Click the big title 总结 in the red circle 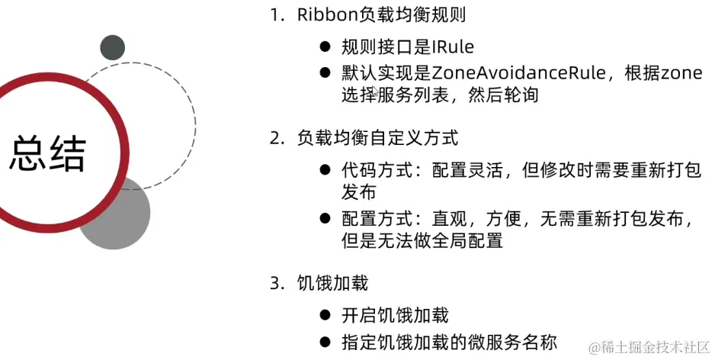point(47,154)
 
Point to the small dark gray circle point(112,47)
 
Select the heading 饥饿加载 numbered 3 point(332,284)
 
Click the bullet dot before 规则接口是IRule point(324,47)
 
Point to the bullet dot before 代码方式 point(324,170)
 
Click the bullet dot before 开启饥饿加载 point(324,315)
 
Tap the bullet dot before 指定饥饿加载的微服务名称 point(324,341)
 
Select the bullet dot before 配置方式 point(324,220)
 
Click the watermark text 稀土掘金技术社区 point(652,347)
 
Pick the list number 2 point(276,139)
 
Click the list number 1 point(275,16)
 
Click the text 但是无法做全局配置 point(422,241)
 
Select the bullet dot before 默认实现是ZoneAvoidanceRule point(324,73)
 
